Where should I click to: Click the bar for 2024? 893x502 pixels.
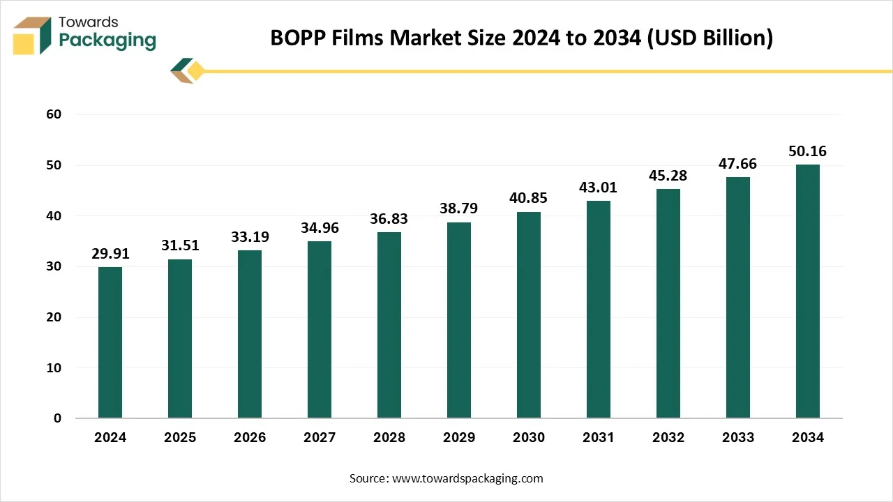110,342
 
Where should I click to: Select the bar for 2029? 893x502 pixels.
459,320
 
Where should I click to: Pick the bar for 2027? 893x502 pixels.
320,330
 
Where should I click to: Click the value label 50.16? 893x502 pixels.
808,151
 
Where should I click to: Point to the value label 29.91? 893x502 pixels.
110,254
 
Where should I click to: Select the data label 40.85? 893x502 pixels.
529,198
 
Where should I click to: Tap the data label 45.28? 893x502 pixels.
668,176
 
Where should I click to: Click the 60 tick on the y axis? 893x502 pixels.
54,114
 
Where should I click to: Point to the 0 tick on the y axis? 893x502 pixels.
58,418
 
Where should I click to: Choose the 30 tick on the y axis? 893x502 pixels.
54,266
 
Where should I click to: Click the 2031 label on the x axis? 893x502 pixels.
599,438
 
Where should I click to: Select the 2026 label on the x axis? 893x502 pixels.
250,438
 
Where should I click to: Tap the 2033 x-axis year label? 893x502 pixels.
738,438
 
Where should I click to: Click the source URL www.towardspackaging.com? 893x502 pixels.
467,478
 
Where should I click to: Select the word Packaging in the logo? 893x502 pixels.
107,40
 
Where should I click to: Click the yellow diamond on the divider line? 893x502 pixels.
196,71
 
